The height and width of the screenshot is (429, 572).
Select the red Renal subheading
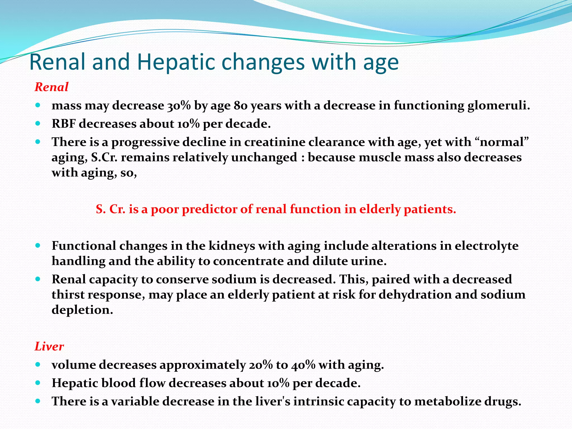pyautogui.click(x=51, y=87)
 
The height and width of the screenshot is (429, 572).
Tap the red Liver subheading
pyautogui.click(x=49, y=346)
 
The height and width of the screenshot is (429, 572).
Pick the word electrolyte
pyautogui.click(x=487, y=246)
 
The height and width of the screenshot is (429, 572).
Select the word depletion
pyautogui.click(x=82, y=310)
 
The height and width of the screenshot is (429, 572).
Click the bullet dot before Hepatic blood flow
pyautogui.click(x=38, y=383)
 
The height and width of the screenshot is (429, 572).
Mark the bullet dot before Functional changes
pyautogui.click(x=38, y=246)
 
